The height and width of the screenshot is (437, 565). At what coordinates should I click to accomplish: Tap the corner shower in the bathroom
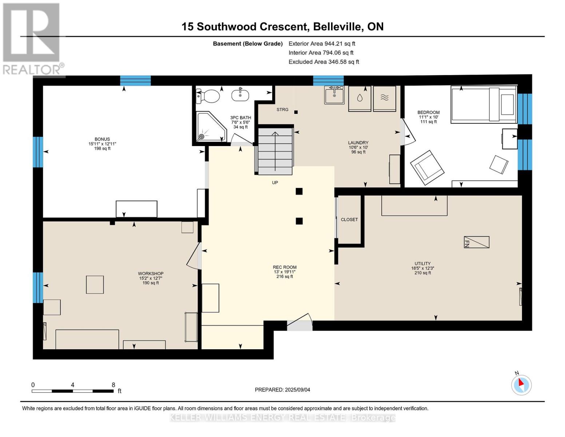click(x=211, y=127)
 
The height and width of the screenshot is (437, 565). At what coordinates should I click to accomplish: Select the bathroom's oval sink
click(x=240, y=94)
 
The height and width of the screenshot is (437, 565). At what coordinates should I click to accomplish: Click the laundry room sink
click(x=334, y=95)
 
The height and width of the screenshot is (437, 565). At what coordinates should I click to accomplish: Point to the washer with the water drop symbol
click(x=359, y=98)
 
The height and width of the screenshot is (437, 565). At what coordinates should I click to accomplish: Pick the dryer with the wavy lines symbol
click(x=385, y=98)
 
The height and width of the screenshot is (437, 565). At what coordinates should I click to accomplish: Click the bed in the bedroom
click(x=484, y=104)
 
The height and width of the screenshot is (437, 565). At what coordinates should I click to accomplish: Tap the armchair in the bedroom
click(x=427, y=168)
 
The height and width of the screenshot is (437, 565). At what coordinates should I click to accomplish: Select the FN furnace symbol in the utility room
click(x=477, y=242)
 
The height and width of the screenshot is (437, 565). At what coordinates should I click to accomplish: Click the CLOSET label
click(x=349, y=220)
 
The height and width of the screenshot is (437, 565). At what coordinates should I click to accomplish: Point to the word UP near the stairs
click(x=275, y=182)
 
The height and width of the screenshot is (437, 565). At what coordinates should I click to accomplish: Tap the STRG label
click(x=282, y=110)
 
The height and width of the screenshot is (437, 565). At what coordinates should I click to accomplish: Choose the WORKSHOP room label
click(x=151, y=273)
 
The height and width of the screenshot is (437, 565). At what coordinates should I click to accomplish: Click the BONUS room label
click(x=102, y=139)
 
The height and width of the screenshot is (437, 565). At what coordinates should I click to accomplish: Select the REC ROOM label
click(x=285, y=267)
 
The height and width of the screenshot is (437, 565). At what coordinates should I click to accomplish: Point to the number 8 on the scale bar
click(x=114, y=385)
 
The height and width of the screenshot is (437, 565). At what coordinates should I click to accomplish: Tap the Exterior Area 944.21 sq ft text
click(x=322, y=44)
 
